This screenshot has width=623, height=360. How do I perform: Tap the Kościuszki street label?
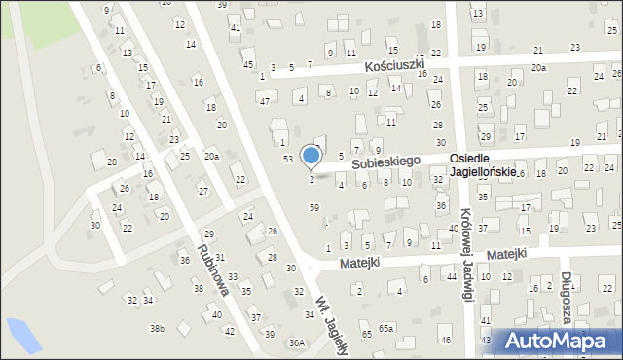coord(396,66)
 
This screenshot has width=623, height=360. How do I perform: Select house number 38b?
coord(157,328)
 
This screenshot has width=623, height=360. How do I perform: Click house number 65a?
coord(386,329)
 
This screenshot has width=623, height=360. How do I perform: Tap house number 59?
coord(313,207)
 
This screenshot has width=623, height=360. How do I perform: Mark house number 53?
coord(287,158)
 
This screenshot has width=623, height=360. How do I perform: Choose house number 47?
coord(264,101)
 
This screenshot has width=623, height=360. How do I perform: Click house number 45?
coord(248,64)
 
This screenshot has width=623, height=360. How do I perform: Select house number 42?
coord(230,331)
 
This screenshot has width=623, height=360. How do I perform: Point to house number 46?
coord(445,340)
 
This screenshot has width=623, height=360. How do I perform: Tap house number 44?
coord(452,277)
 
